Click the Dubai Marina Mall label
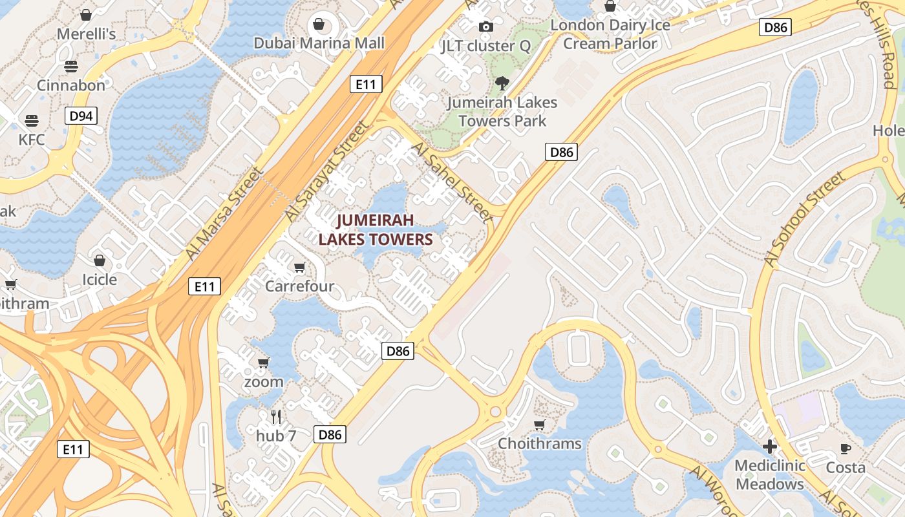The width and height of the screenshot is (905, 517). point(319,43)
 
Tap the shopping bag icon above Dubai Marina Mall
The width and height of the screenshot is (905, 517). point(319,25)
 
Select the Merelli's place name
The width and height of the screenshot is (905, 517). point(87,34)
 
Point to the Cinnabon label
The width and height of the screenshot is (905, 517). point(71,85)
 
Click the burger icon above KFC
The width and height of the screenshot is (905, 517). point(32,120)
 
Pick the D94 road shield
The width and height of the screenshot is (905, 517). point(81,116)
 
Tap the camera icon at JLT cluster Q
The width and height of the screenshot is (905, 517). point(485,26)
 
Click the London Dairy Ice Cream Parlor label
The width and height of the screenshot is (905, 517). point(610,34)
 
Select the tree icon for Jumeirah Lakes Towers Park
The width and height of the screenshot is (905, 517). point(501,83)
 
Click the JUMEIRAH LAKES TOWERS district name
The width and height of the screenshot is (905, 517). point(375,230)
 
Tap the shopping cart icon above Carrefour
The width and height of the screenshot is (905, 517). point(299,267)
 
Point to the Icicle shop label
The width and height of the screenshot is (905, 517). point(100,279)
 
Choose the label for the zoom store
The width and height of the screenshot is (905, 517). point(264,381)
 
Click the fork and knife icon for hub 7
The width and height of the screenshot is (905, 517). point(276,416)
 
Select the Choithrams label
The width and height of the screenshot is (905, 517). point(540,444)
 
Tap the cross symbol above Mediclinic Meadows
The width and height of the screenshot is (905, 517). point(769,446)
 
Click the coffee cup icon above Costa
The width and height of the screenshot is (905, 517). point(845,448)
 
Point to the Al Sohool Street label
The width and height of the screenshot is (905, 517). point(804,220)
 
